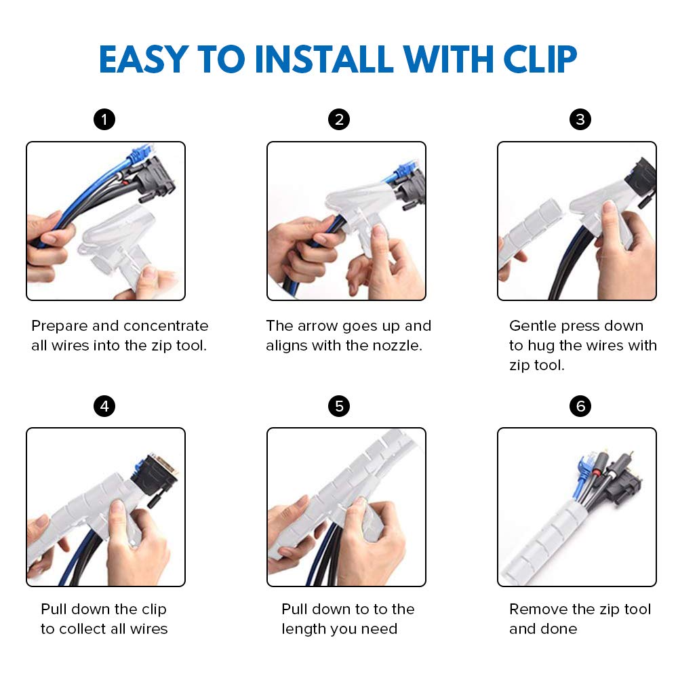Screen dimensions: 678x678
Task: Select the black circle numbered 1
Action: tap(104, 119)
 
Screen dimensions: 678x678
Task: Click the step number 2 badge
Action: tap(339, 119)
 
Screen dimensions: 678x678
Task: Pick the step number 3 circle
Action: tap(580, 119)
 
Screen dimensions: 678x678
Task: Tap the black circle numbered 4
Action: tap(104, 406)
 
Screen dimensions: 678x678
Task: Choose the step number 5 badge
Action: tap(339, 406)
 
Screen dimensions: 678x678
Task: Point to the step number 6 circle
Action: tap(580, 406)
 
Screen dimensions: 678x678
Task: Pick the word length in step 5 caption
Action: tap(304, 630)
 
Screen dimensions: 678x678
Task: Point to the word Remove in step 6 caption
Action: tap(538, 610)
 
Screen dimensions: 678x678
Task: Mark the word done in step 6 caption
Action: tap(559, 629)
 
